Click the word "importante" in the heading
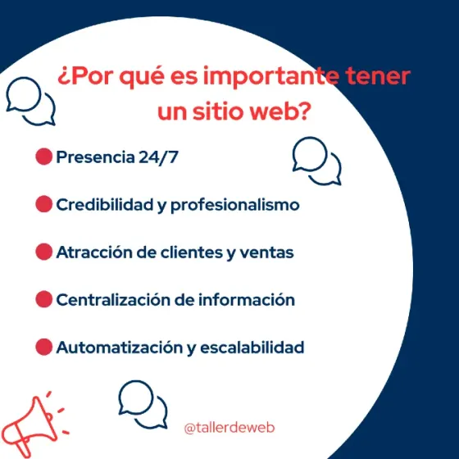coord(263,78)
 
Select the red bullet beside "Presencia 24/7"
coord(44,157)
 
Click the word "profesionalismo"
coord(235,205)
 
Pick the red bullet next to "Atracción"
coord(44,252)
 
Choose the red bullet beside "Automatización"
coord(44,347)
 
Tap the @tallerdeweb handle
coord(229,428)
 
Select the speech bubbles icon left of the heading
coord(30,102)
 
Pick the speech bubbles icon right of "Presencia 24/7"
coord(316,160)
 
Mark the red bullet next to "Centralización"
coord(44,299)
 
